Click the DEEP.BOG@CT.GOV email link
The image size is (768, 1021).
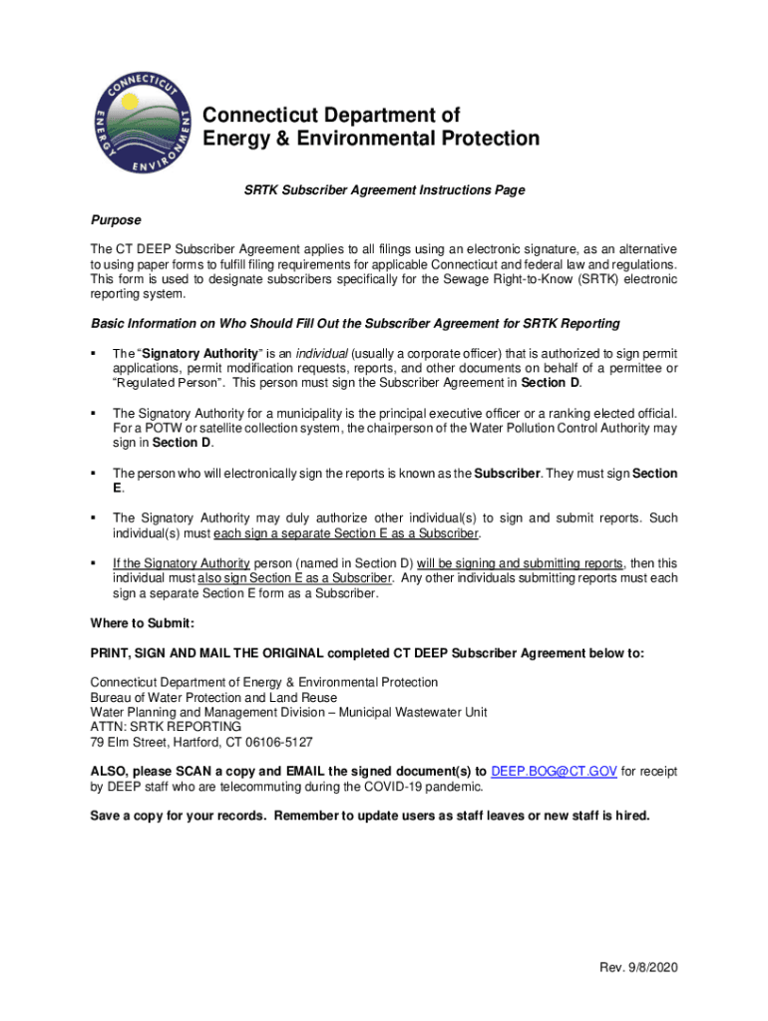point(555,771)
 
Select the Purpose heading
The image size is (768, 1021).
point(116,219)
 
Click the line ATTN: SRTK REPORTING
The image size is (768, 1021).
point(166,727)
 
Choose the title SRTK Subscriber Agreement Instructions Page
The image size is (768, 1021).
point(384,189)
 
